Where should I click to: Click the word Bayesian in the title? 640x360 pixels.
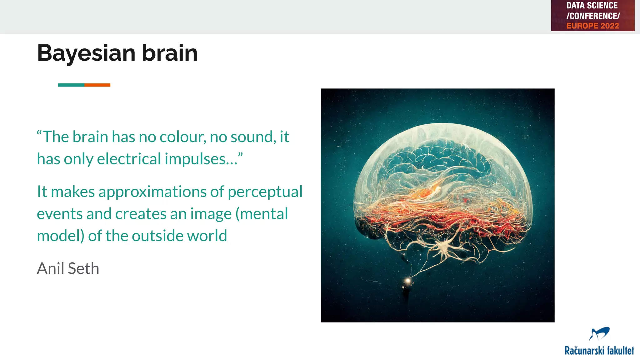tap(86, 53)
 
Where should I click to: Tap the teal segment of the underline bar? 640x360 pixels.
tap(71, 85)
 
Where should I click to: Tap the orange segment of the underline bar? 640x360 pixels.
tap(97, 85)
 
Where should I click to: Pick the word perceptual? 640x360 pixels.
tap(265, 192)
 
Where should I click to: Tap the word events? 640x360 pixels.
tap(60, 214)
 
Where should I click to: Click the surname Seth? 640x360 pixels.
tap(83, 268)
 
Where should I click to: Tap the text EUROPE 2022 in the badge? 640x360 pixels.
tap(592, 26)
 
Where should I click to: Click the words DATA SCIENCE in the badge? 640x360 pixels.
tap(592, 6)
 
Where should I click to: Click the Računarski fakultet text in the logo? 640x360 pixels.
tap(599, 351)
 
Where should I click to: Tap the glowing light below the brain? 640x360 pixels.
tap(407, 281)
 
